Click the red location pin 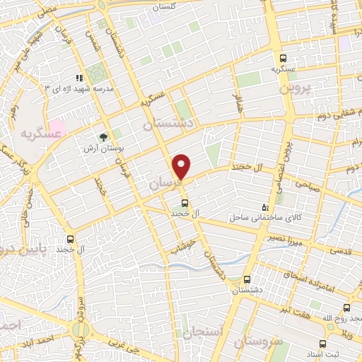(182, 166)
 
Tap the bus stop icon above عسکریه (283, 59)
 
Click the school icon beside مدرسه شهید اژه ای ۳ (80, 78)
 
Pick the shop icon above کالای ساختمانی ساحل (265, 207)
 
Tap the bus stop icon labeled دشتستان (247, 279)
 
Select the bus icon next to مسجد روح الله (346, 308)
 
